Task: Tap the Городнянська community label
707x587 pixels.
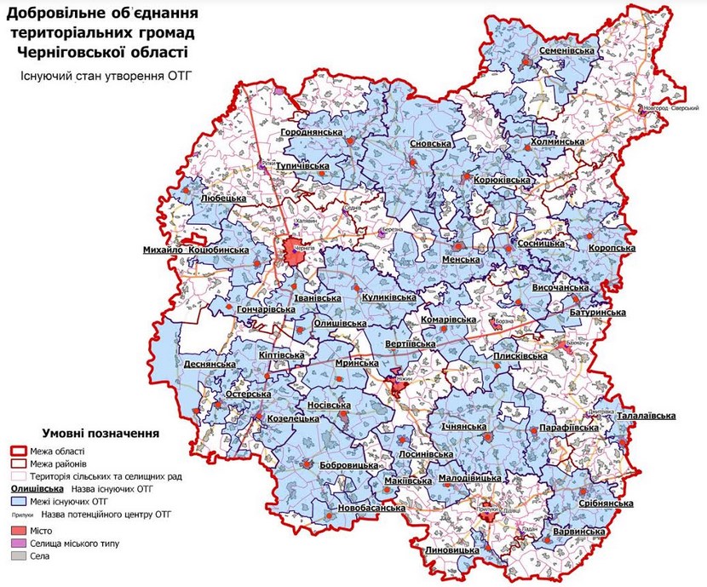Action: pos(312,134)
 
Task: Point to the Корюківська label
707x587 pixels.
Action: pos(502,181)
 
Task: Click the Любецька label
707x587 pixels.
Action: pos(222,198)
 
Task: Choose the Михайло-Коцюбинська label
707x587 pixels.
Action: pos(196,250)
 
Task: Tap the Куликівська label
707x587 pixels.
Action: pos(388,297)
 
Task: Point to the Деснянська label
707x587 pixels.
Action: pos(209,364)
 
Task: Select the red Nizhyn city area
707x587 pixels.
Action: pos(398,384)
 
